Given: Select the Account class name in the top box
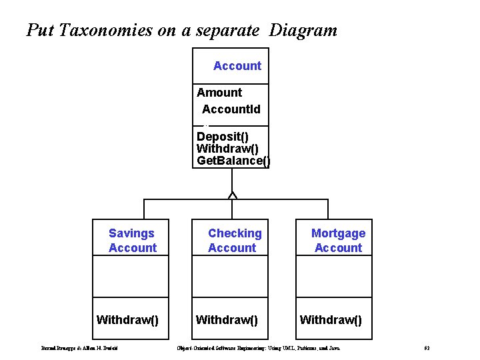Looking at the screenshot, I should tap(237, 66).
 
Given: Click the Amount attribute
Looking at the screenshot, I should tap(219, 93).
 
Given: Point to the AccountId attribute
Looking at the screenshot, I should tap(231, 109).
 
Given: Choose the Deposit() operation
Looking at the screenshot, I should tap(223, 137).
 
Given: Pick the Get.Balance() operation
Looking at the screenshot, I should tap(233, 161).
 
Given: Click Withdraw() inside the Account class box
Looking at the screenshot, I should tap(227, 149).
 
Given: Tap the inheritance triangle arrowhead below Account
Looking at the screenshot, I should tap(232, 195).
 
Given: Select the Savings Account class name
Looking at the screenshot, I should tap(132, 241).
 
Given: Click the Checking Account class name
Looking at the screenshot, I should tap(234, 241).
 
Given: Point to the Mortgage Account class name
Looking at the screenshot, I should tap(338, 241).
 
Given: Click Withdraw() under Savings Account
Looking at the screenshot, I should tap(127, 320).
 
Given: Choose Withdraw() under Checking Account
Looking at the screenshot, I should tap(227, 320).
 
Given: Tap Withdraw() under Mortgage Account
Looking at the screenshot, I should tap(331, 320).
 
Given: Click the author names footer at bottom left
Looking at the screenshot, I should tap(79, 349).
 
